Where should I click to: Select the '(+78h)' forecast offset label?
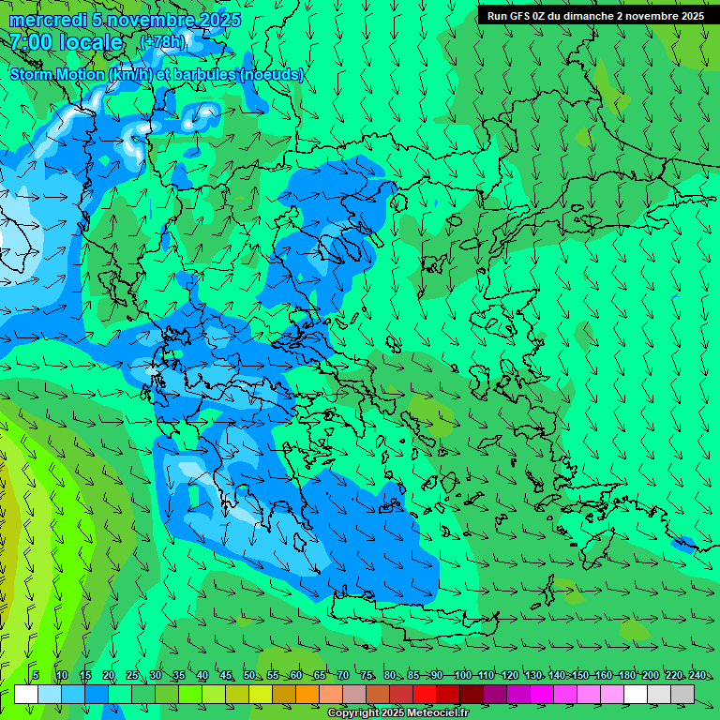162,42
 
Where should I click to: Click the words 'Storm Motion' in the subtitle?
57,74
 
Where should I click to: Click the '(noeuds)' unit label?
272,74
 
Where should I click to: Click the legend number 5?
36,675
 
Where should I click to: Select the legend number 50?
249,675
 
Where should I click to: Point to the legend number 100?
462,675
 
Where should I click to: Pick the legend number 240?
697,675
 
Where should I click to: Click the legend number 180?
626,675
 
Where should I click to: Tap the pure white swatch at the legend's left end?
26,694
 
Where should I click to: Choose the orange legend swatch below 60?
307,694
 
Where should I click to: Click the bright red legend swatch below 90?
425,694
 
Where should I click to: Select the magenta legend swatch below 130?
542,694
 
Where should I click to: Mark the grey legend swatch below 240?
682,694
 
